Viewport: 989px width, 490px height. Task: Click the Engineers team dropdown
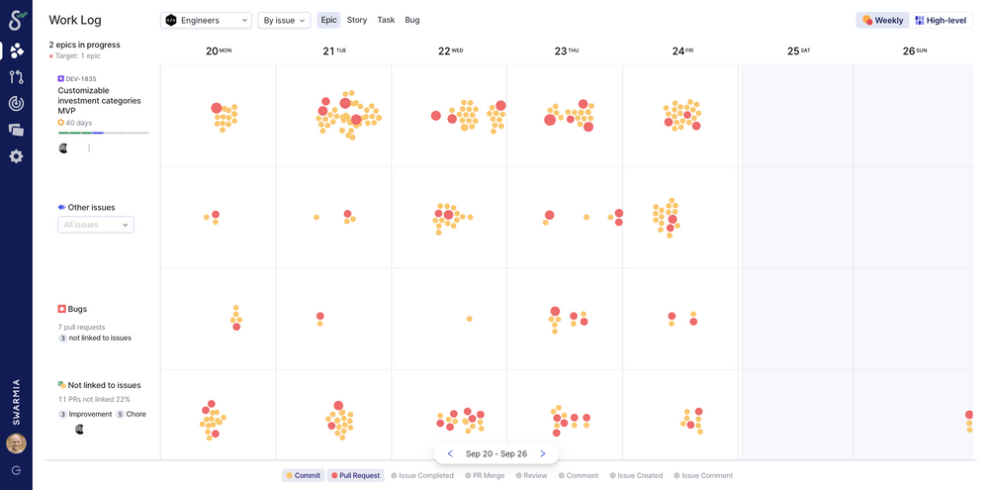(206, 20)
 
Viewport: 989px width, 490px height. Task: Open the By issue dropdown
(284, 20)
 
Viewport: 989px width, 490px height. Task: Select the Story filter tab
(357, 20)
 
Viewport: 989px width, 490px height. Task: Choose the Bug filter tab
(412, 20)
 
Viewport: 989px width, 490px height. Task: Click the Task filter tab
(386, 20)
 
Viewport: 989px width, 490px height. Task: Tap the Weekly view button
(882, 20)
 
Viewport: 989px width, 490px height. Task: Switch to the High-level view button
(941, 20)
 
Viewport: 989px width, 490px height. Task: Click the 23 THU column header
(566, 50)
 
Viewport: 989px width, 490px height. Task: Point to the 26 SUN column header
(914, 50)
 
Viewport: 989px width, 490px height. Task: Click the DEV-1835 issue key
(79, 78)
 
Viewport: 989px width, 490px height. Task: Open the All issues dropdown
(96, 225)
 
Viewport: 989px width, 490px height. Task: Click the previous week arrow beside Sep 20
(450, 453)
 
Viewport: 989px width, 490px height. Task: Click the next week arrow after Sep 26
(543, 453)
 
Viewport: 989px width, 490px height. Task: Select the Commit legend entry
(303, 475)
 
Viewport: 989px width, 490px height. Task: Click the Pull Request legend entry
(355, 475)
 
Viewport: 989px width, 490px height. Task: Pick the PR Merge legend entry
(485, 475)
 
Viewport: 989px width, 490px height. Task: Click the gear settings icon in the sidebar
(16, 156)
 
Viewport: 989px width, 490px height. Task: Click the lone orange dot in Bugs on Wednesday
(469, 319)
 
